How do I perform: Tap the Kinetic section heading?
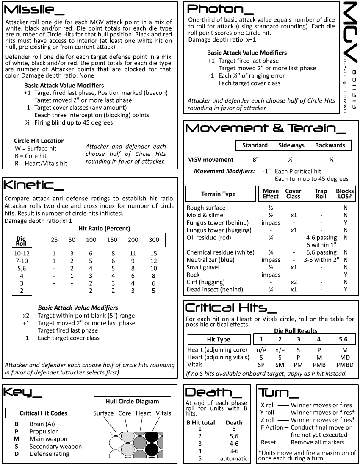pyautogui.click(x=34, y=185)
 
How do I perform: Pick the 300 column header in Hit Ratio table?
pyautogui.click(x=154, y=240)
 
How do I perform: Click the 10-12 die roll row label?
pyautogui.click(x=21, y=253)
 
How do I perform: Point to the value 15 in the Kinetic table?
pyautogui.click(x=154, y=253)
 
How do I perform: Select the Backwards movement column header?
pyautogui.click(x=330, y=145)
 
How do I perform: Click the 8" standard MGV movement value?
pyautogui.click(x=255, y=160)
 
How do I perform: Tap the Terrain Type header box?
pyautogui.click(x=218, y=194)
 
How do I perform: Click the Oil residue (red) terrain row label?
pyautogui.click(x=208, y=238)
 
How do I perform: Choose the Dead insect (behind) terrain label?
pyautogui.click(x=215, y=290)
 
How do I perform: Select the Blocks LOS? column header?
pyautogui.click(x=345, y=194)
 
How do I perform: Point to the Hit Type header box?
pyautogui.click(x=218, y=340)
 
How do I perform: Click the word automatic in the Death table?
pyautogui.click(x=234, y=458)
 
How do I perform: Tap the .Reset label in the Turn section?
pyautogui.click(x=268, y=442)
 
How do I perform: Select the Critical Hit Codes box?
pyautogui.click(x=43, y=413)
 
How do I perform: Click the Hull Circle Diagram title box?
pyautogui.click(x=132, y=401)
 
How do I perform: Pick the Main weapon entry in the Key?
pyautogui.click(x=48, y=439)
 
